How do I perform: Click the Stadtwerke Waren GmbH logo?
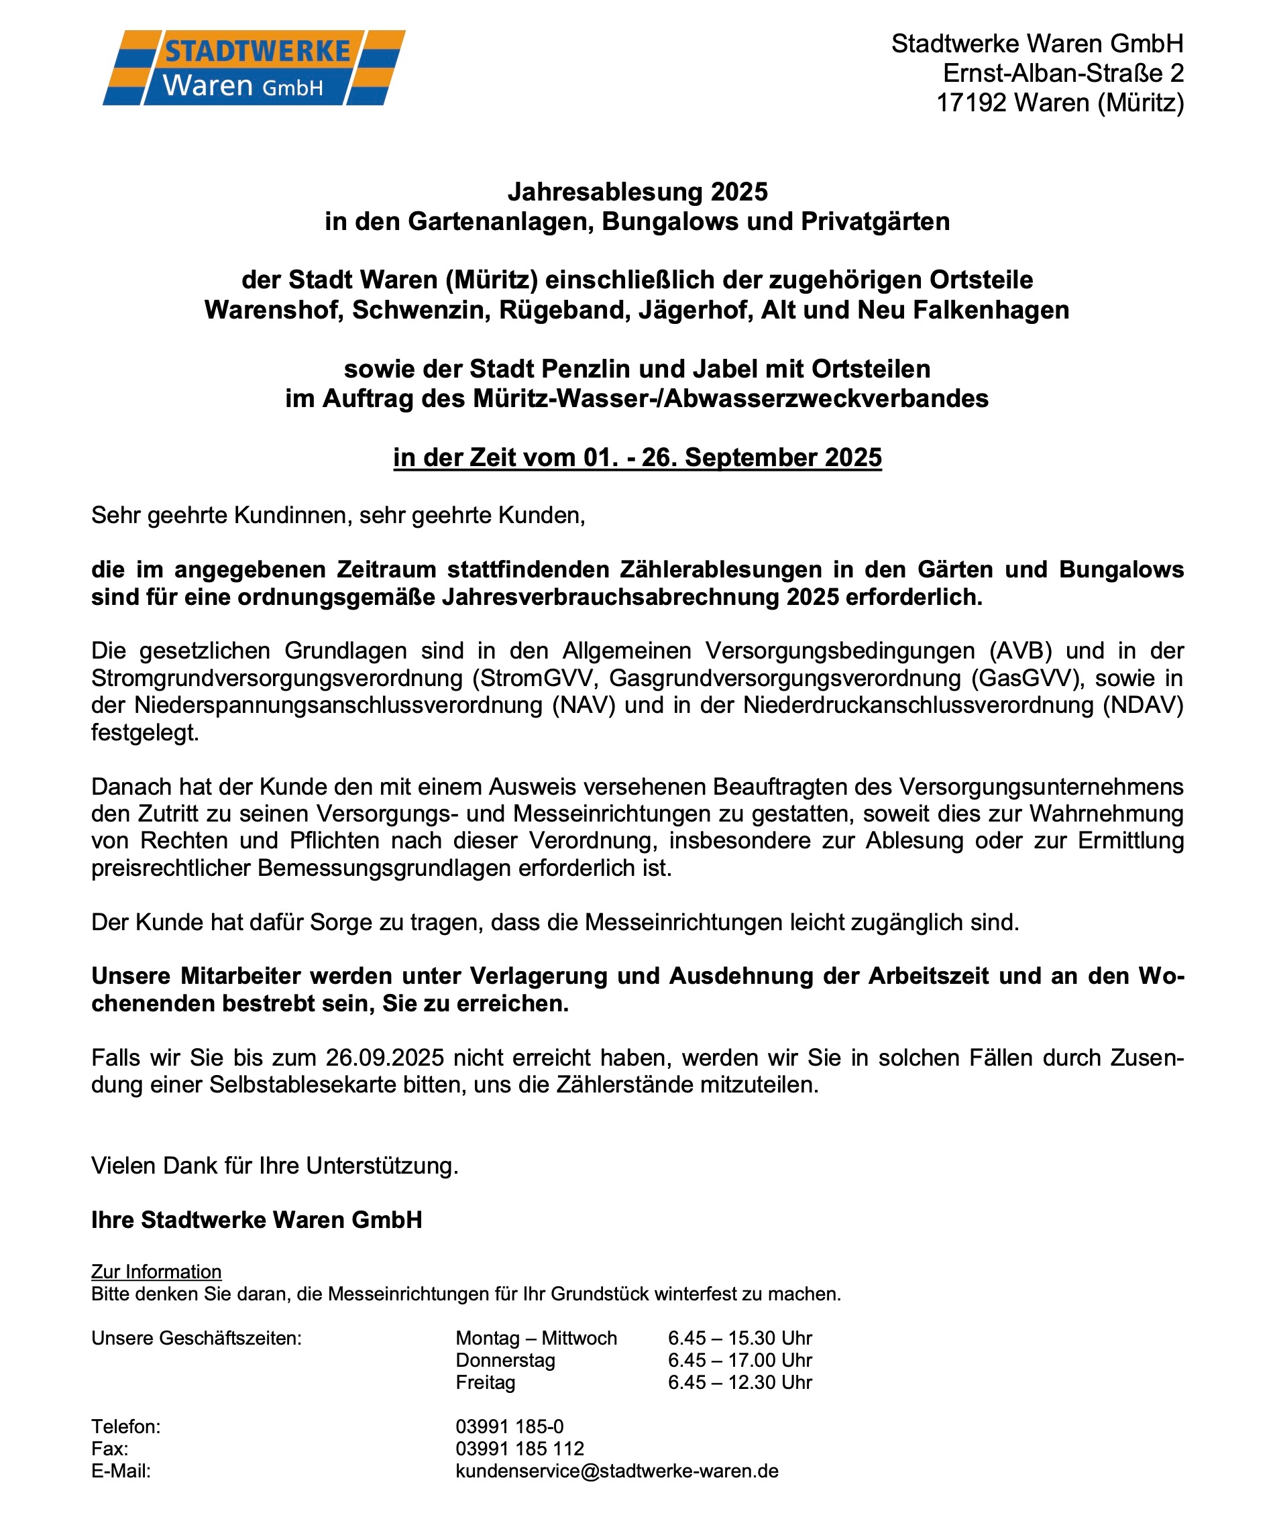click(253, 68)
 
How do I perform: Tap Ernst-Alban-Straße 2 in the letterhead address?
click(1063, 73)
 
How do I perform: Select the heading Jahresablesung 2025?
click(636, 192)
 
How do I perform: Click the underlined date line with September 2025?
click(636, 457)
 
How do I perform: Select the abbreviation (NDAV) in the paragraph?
click(1143, 705)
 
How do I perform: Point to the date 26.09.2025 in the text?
click(384, 1058)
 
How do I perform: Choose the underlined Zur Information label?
click(156, 1272)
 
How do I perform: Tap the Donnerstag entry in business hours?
click(505, 1360)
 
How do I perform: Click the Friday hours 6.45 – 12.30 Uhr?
click(739, 1382)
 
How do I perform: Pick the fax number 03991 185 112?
click(519, 1449)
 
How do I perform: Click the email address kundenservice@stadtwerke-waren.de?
click(616, 1471)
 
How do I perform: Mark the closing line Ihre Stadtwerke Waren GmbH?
click(257, 1220)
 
